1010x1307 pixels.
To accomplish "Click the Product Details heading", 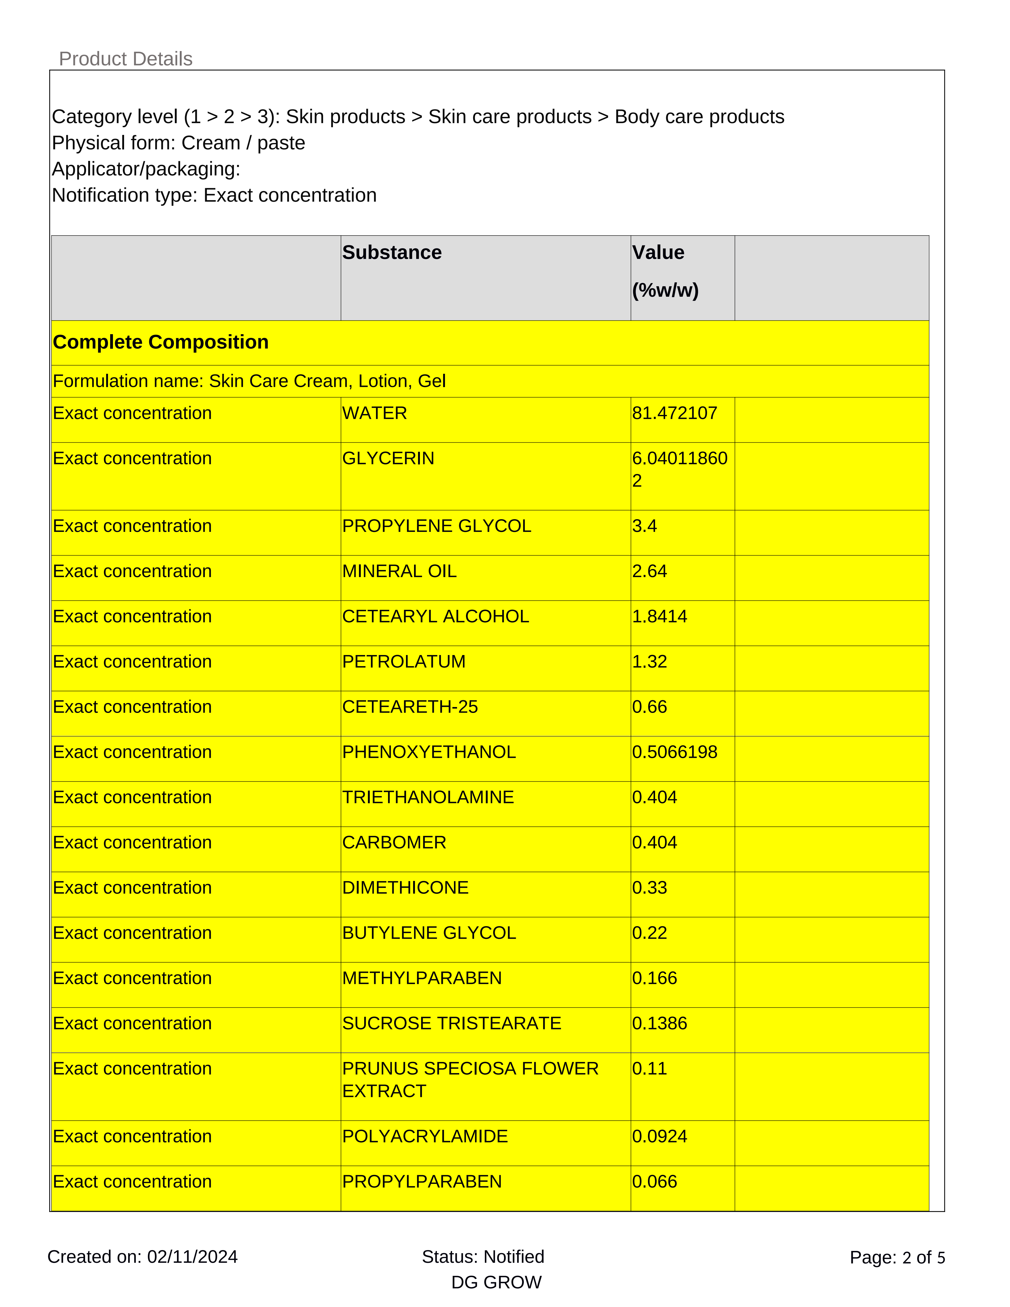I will pos(126,59).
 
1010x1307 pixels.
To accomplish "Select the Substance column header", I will pos(392,252).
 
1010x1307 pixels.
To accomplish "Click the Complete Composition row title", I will pos(160,342).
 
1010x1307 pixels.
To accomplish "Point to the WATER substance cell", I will pos(374,413).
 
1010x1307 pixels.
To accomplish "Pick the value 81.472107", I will pos(674,413).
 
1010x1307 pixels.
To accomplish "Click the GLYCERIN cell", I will pos(388,458).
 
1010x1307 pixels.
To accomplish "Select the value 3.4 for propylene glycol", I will pos(645,526).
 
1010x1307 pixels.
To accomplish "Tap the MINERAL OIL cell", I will pos(399,572).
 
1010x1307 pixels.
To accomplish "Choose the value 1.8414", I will pos(659,616).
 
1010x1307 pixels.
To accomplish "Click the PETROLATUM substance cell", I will pos(404,662).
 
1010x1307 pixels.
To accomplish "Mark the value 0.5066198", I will pos(674,752).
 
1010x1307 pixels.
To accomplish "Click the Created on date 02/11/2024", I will pos(192,1257).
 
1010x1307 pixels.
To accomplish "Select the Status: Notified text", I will pos(483,1257).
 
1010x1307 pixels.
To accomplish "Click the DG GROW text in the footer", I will pos(496,1283).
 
